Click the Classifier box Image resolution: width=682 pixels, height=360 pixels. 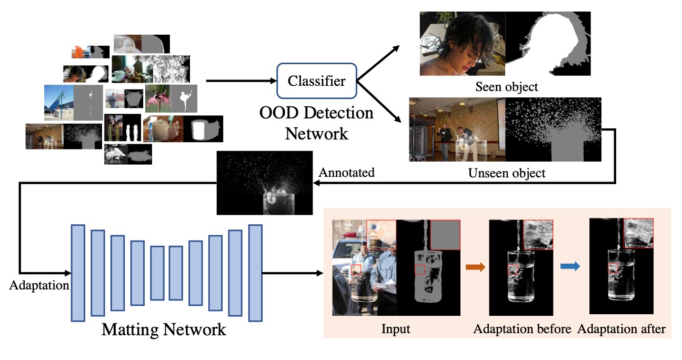click(x=316, y=81)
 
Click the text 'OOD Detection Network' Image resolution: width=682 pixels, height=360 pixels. click(x=316, y=123)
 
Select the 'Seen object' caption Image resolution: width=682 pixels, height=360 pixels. click(x=507, y=86)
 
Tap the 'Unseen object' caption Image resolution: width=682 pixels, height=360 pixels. click(x=506, y=173)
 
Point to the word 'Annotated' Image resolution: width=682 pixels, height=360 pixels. click(x=347, y=172)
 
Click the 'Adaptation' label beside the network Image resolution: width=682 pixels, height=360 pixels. click(x=39, y=286)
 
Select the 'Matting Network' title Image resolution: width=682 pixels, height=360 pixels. click(x=164, y=330)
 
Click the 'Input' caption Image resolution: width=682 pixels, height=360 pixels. click(x=395, y=329)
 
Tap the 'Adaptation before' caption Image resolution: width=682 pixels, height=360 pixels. click(x=522, y=329)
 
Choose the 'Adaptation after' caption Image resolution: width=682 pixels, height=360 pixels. click(x=621, y=329)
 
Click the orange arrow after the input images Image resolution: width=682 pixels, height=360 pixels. click(x=475, y=267)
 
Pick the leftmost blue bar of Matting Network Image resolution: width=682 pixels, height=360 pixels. click(x=78, y=273)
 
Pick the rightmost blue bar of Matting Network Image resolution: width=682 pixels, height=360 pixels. click(x=255, y=273)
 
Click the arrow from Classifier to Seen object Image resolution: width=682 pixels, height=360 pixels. click(x=377, y=63)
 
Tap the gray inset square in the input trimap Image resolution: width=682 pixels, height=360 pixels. click(x=445, y=235)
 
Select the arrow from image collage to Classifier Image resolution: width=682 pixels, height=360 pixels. click(x=241, y=81)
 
